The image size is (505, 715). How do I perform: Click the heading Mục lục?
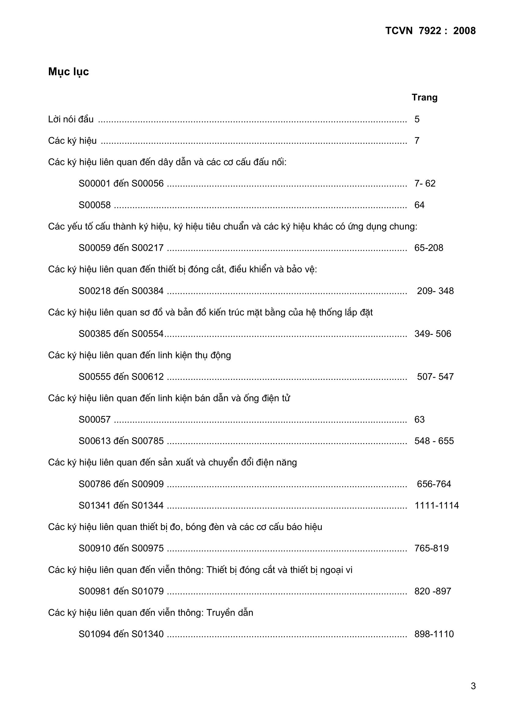coord(68,72)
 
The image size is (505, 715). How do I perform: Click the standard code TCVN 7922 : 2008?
coord(431,31)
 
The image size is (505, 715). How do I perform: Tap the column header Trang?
coord(424,98)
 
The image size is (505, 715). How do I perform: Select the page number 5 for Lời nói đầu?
coord(417,119)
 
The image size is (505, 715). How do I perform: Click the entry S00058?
coord(95,205)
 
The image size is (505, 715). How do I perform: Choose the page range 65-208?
coord(428,248)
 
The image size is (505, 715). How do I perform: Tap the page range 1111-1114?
coord(437,506)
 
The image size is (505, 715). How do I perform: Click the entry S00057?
coord(95,420)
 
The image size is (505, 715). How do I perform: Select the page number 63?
coord(419,420)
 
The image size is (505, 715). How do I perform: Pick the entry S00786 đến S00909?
coord(121,484)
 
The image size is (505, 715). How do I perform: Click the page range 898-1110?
coord(434,634)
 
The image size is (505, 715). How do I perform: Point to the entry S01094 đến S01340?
coord(121,634)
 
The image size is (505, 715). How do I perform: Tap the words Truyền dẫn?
coord(230,613)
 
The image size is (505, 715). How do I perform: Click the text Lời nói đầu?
coord(71,119)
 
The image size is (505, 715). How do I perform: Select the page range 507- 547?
coord(435,376)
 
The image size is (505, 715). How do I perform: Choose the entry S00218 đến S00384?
coord(121,291)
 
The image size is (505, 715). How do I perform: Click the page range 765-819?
coord(431,548)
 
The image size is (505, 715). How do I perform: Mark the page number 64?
coord(419,205)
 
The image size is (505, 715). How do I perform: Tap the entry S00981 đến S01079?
coord(121,591)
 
